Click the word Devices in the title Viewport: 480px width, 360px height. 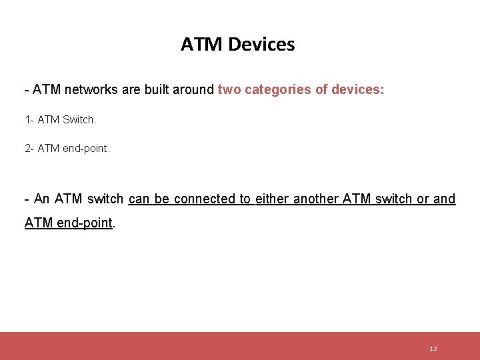point(261,45)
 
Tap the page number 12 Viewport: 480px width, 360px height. point(433,349)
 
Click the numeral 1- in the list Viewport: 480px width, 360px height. point(29,120)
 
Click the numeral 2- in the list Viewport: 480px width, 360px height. point(29,148)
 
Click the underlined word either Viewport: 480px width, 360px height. point(272,199)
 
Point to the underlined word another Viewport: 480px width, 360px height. point(316,199)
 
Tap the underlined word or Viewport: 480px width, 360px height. point(423,199)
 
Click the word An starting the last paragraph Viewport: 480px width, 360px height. point(41,199)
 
